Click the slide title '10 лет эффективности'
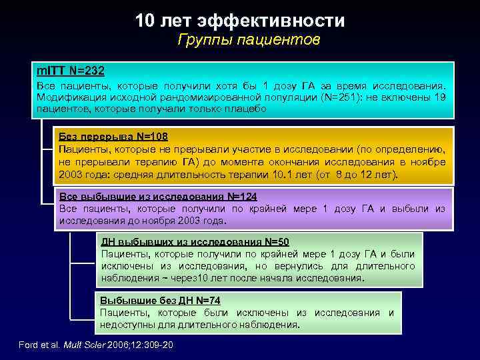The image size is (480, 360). [x=240, y=21]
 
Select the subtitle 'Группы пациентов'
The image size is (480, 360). [x=249, y=41]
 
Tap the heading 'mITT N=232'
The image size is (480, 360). [x=70, y=70]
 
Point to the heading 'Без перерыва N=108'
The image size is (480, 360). [x=113, y=137]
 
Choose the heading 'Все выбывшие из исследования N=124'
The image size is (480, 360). [x=158, y=196]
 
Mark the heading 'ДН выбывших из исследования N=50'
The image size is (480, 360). [x=194, y=241]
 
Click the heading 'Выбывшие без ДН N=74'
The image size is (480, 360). [x=160, y=300]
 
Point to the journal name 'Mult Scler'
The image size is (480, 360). [x=93, y=345]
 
